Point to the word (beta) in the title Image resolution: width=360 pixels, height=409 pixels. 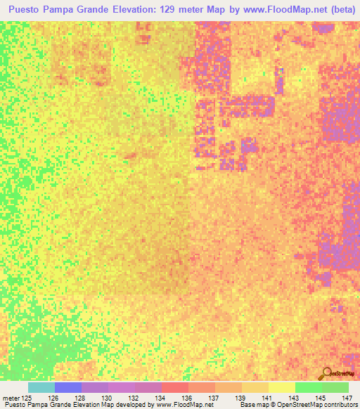(x=337, y=10)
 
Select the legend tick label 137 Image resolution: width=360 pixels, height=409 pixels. (x=215, y=398)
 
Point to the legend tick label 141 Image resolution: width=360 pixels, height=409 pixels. (x=269, y=398)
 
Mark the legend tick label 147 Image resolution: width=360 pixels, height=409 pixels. (x=347, y=398)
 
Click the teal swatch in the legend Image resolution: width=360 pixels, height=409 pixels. (x=41, y=387)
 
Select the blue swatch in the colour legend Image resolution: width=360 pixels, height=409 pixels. (x=68, y=387)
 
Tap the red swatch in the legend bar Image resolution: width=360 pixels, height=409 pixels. (x=175, y=387)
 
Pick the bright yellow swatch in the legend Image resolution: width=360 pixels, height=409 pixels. (x=281, y=387)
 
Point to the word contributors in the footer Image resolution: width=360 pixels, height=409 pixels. (x=339, y=405)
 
